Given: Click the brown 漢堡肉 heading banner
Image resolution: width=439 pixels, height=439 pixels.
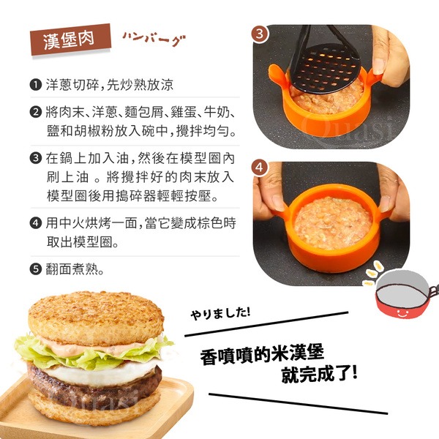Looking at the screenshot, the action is (70, 40).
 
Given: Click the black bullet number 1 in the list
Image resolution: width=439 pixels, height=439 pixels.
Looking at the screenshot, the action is (36, 85).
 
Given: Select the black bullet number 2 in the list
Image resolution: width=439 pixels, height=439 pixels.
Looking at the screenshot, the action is (36, 112).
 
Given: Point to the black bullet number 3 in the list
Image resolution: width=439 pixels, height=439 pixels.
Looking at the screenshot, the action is (36, 158).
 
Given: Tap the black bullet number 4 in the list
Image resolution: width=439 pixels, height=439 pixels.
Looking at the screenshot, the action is (36, 223).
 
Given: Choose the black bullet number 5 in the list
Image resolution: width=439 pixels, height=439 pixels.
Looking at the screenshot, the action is (36, 269).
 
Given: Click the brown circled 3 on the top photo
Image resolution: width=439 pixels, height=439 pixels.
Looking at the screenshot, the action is (260, 34).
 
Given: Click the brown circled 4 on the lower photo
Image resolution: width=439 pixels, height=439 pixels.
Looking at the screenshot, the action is (260, 168).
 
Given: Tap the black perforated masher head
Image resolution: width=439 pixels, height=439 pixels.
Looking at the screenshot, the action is (326, 68).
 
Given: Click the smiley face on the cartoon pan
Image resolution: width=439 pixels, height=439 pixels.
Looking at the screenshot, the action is (402, 312).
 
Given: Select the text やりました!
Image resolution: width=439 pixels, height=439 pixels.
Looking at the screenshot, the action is (220, 313).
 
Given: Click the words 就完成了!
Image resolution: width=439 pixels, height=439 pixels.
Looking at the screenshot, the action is (320, 374).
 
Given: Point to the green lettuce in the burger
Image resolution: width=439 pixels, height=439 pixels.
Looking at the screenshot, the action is (92, 353).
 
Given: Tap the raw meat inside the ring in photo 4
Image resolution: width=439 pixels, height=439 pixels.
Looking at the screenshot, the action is (333, 222).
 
